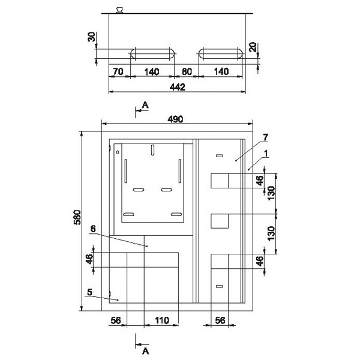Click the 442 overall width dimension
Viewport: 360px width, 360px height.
click(177, 87)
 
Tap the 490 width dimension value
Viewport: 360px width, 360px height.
click(175, 119)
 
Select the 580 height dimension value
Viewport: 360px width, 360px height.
click(77, 217)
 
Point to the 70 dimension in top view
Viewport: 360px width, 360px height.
click(118, 71)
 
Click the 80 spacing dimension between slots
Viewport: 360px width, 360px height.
click(187, 71)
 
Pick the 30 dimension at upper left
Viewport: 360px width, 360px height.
click(91, 37)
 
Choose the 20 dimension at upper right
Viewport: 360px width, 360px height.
click(253, 47)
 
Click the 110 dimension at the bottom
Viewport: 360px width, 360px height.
click(161, 320)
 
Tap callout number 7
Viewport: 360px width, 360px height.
click(265, 138)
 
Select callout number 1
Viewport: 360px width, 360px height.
click(266, 154)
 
